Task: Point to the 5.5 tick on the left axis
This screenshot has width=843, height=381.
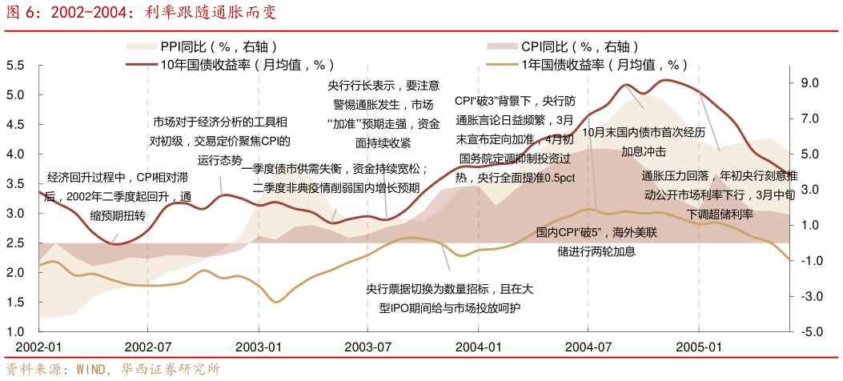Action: tap(15, 66)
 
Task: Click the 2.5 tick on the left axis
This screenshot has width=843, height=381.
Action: tap(15, 243)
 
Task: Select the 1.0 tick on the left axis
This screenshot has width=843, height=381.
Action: tap(15, 331)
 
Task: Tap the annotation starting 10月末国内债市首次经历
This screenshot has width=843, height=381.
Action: tap(644, 142)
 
